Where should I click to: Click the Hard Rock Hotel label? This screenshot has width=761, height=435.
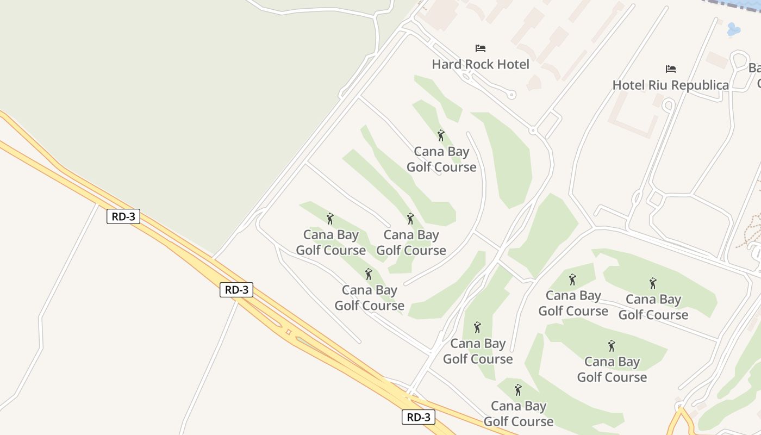point(480,64)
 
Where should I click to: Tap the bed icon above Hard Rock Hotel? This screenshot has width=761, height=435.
point(480,48)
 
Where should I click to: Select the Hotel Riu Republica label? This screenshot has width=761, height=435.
point(670,85)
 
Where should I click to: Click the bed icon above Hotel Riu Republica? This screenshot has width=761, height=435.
point(671,69)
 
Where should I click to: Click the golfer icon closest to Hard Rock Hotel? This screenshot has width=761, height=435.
point(441,135)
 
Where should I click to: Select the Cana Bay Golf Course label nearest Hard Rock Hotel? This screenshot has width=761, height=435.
point(441,159)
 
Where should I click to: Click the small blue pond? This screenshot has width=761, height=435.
point(733,29)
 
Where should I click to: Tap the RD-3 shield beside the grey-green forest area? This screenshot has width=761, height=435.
point(123,216)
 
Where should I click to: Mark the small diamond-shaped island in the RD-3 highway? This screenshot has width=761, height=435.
point(288,332)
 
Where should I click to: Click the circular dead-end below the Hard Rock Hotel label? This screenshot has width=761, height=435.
point(512,95)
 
